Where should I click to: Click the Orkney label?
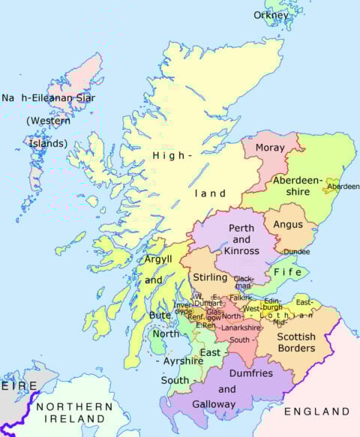click(271, 15)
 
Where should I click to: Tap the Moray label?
click(270, 148)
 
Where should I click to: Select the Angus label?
click(289, 223)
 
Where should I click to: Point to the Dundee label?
click(297, 252)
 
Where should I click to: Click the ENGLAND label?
click(316, 412)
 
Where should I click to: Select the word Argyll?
click(158, 259)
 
